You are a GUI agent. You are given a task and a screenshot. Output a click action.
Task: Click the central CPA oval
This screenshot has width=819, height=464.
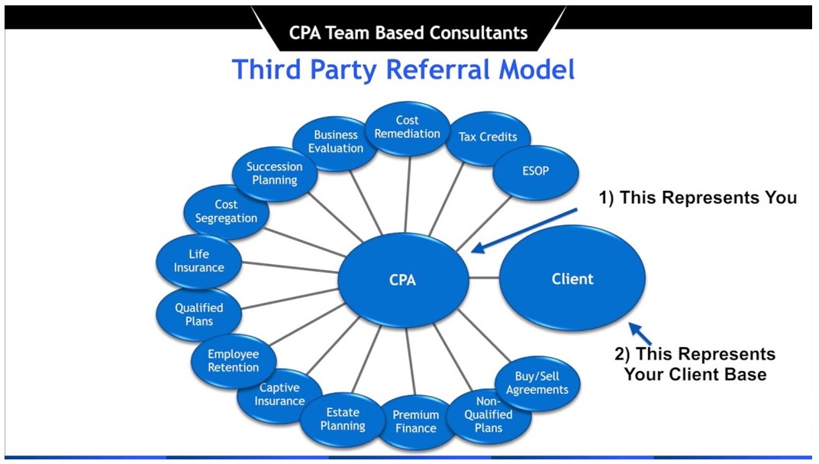pos(403,279)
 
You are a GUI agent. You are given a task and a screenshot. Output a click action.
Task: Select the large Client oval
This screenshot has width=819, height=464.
pos(572,279)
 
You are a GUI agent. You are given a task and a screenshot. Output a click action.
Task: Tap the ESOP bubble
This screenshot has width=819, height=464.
pos(535,170)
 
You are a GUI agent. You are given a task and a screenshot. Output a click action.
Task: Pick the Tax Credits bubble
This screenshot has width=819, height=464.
pos(488,137)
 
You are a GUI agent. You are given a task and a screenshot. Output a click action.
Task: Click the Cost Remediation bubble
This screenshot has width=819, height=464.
pos(408,127)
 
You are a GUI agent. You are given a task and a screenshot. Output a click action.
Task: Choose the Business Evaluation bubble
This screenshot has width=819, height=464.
pos(336,142)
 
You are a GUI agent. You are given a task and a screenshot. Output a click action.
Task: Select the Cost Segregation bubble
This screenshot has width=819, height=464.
pos(226,211)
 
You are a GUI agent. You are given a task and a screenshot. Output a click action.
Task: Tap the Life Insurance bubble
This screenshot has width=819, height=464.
pos(198,261)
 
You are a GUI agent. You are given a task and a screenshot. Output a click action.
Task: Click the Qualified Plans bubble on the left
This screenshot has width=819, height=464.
pos(199,314)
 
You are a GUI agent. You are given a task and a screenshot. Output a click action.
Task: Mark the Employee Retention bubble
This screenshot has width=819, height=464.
pos(234,361)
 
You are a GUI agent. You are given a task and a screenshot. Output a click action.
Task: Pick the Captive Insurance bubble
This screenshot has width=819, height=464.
pos(279,395)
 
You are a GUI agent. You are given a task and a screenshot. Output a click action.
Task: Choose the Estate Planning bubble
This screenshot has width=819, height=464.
pos(343,419)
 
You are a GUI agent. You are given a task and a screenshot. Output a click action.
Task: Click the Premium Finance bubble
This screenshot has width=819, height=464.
pos(416,421)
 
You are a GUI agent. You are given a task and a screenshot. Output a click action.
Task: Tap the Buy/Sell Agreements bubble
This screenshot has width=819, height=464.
pos(537,383)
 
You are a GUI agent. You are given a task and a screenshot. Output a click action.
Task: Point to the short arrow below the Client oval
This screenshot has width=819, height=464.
pos(640,333)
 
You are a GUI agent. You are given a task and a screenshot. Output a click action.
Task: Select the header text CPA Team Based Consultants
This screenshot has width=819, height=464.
pos(408,33)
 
